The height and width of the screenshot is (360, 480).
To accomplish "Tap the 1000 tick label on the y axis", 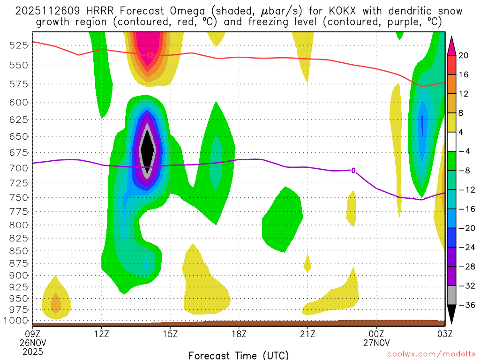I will coord(19,321).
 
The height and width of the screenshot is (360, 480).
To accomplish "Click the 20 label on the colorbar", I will coord(464,55).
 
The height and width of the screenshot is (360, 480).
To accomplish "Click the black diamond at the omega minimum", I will coord(148,148).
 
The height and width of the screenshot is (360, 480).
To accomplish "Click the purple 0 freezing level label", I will coord(353,171).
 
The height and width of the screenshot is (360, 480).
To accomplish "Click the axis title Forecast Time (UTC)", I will coord(239,355).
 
